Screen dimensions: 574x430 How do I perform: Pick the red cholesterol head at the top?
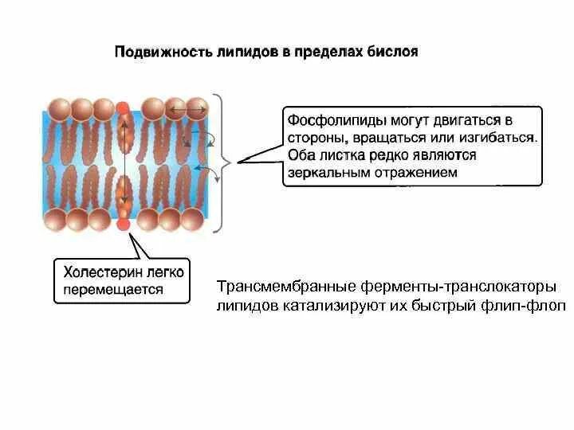pos(123,107)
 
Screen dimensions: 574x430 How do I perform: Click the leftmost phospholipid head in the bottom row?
pos(56,220)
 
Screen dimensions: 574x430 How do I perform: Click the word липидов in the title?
pos(239,53)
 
